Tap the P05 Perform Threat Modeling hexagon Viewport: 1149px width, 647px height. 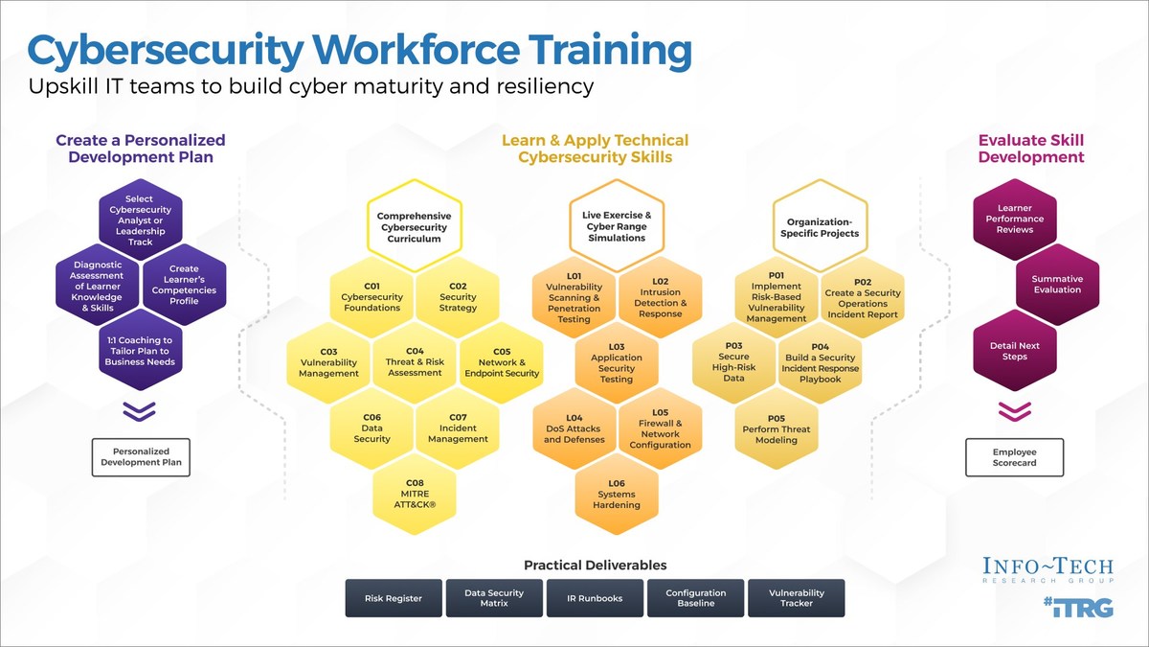pyautogui.click(x=777, y=428)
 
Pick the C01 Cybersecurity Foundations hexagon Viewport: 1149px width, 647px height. pyautogui.click(x=372, y=296)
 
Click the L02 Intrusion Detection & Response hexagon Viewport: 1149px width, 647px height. pyautogui.click(x=660, y=298)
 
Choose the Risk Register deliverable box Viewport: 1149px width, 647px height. pyautogui.click(x=394, y=598)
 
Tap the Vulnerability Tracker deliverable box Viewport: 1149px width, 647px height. pyautogui.click(x=797, y=598)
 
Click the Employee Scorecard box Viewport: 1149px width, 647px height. pyautogui.click(x=1014, y=458)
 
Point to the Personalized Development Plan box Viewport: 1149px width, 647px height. pyautogui.click(x=141, y=457)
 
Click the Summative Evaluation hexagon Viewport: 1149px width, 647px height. pyautogui.click(x=1057, y=285)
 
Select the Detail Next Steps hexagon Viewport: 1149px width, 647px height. pyautogui.click(x=1014, y=351)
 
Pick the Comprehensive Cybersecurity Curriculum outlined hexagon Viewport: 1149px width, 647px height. pyautogui.click(x=414, y=228)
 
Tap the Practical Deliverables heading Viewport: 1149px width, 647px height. pyautogui.click(x=595, y=566)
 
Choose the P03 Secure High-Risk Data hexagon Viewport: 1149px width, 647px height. pyautogui.click(x=734, y=361)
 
